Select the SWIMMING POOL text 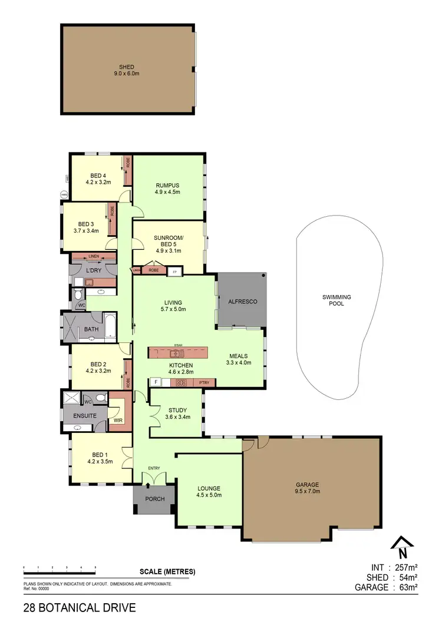333,300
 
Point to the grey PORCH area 153,499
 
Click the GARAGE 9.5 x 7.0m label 312,488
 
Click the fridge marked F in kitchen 156,382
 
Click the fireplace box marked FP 175,272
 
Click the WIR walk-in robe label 118,421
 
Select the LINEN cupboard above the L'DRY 94,257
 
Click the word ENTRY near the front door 154,468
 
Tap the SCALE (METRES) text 167,571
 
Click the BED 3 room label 86,227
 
